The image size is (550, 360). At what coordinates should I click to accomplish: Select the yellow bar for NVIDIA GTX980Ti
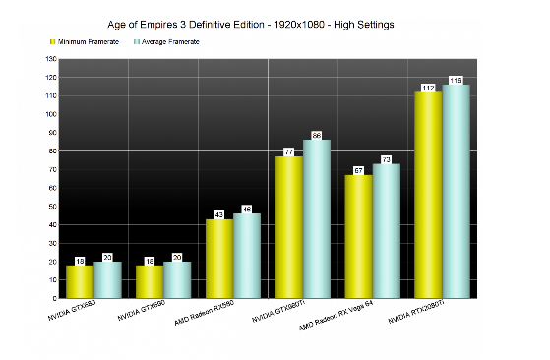[289, 227]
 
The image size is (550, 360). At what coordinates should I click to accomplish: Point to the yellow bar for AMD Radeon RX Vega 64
[359, 236]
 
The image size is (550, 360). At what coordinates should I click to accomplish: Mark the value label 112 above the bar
[429, 87]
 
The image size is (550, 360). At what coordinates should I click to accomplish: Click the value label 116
[457, 80]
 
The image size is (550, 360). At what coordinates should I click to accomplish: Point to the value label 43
[219, 214]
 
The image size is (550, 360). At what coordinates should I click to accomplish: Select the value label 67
[359, 170]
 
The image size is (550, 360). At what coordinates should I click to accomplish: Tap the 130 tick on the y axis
[50, 59]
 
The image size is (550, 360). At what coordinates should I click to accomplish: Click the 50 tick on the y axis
[52, 207]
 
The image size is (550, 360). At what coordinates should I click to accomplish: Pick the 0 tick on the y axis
[54, 298]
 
